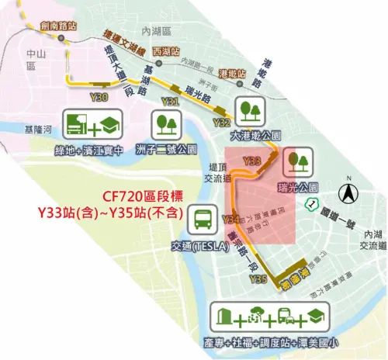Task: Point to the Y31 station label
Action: [x=171, y=102]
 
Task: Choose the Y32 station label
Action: [x=221, y=123]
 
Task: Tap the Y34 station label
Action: [x=230, y=220]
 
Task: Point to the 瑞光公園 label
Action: [x=298, y=188]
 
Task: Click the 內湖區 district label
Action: [x=155, y=30]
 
